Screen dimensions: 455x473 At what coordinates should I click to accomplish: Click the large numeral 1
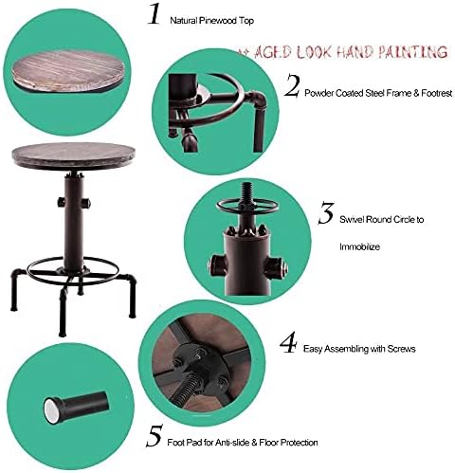(155, 14)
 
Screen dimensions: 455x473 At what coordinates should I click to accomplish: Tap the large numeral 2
(291, 85)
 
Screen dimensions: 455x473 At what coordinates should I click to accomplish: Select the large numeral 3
(326, 213)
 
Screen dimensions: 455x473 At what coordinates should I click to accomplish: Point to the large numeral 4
(288, 342)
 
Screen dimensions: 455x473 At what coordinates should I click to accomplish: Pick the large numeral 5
(155, 436)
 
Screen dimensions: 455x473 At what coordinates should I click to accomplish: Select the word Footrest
(436, 93)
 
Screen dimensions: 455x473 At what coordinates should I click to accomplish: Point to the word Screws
(401, 349)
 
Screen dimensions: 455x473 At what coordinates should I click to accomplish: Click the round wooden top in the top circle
(67, 71)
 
